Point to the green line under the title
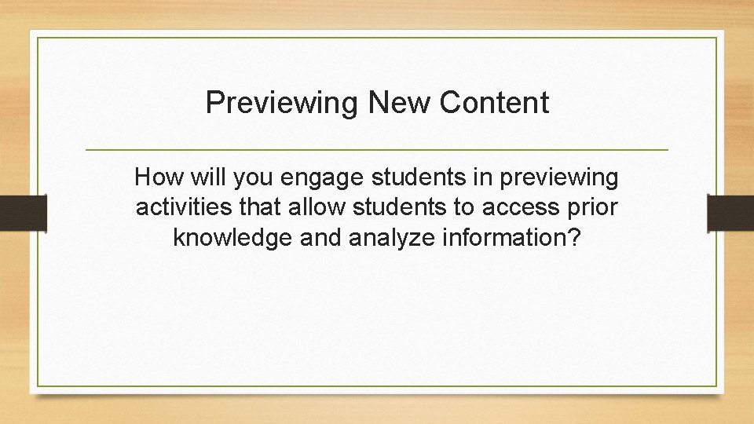click(377, 149)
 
